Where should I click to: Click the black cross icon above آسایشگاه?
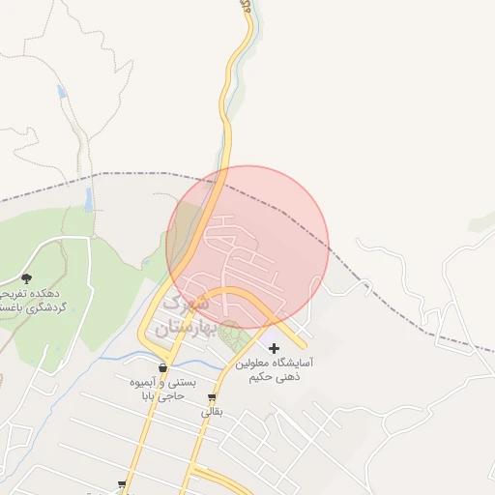tap(274, 348)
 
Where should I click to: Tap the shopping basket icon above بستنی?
tap(162, 368)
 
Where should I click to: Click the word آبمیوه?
tap(152, 383)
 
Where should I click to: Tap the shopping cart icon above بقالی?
tap(212, 397)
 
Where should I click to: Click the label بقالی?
tap(212, 412)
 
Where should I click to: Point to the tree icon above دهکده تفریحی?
tap(26, 278)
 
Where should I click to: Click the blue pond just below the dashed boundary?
tap(89, 200)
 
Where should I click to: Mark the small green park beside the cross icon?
tap(230, 335)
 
